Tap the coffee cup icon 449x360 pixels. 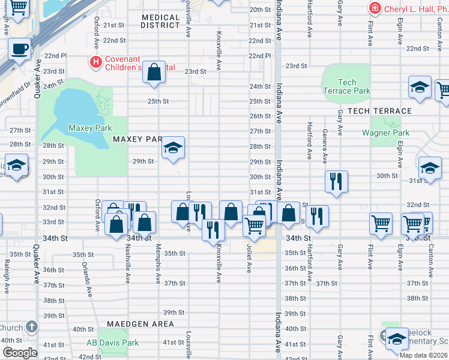(x=19, y=49)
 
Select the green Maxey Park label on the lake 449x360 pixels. (x=90, y=128)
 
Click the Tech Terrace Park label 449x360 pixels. (x=346, y=86)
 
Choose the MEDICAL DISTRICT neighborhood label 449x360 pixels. (x=160, y=21)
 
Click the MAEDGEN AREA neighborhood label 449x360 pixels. (x=140, y=324)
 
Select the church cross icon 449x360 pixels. (x=31, y=328)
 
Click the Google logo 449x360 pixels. (x=20, y=353)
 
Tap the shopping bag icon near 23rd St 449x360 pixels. (x=154, y=72)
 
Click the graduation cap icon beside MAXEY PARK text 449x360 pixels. (x=173, y=148)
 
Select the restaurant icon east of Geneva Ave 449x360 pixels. (x=336, y=181)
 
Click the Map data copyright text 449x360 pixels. (x=424, y=355)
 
